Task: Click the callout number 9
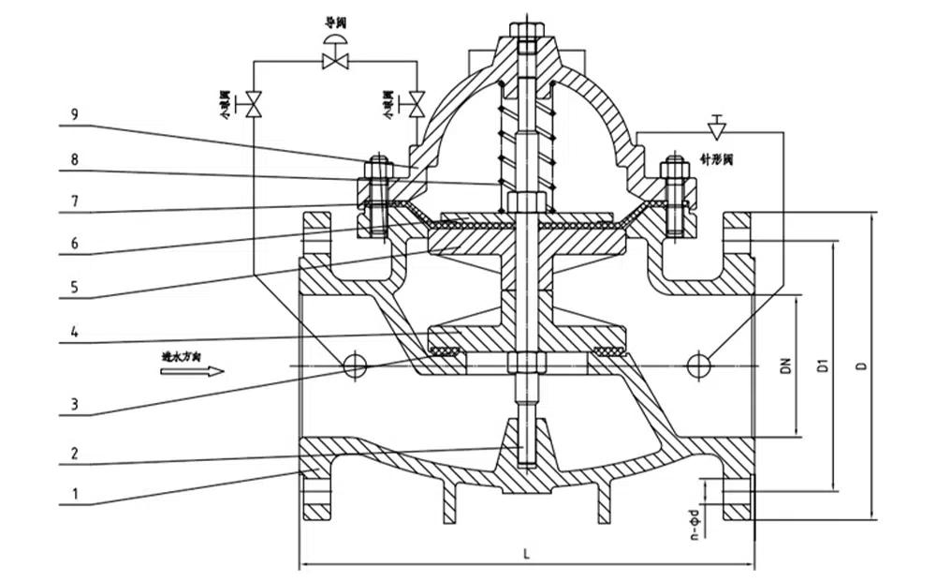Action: click(x=74, y=115)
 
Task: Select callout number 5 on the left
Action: click(x=74, y=284)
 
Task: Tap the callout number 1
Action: click(x=74, y=490)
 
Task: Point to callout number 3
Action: click(x=74, y=406)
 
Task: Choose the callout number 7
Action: click(x=74, y=201)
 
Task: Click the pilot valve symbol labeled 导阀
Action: click(x=333, y=57)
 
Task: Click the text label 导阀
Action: click(x=334, y=20)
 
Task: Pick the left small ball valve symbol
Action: click(x=254, y=103)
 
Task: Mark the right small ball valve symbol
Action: click(x=417, y=103)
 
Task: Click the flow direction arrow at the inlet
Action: click(x=192, y=371)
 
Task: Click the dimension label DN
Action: click(x=786, y=365)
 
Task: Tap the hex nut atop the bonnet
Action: click(x=526, y=28)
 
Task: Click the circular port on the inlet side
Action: click(x=355, y=365)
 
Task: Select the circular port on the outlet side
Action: click(x=698, y=365)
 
